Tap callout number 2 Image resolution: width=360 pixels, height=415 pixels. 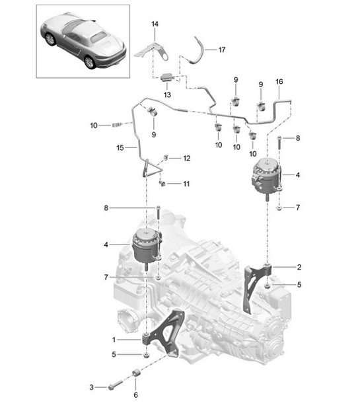tap(299, 268)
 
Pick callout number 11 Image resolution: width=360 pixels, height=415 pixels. tap(186, 183)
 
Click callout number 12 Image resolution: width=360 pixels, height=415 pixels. tap(186, 159)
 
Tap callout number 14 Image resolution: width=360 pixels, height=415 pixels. tap(155, 24)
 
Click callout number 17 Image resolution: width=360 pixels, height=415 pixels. tap(222, 49)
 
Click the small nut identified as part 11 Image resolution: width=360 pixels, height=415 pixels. tap(162, 183)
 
